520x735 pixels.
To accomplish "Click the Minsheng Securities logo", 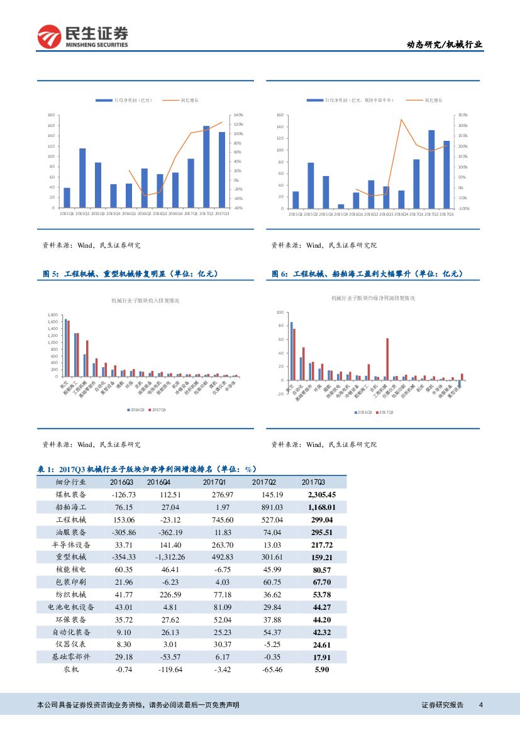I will pos(82,36).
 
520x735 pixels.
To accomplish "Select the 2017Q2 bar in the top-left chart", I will pos(206,167).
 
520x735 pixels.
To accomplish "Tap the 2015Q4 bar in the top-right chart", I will pos(341,206).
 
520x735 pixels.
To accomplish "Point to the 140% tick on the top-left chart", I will pos(238,115).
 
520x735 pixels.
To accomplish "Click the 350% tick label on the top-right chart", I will pos(463,115).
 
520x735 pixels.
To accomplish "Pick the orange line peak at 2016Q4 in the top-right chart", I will pos(401,119).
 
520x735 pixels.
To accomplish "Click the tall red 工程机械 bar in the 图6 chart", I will pos(387,358).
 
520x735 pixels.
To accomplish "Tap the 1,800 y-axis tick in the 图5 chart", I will pos(53,314).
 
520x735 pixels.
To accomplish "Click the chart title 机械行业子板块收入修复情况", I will pos(145,301).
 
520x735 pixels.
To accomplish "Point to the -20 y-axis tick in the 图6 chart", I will pos(280,394).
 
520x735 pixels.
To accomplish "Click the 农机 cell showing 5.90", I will pos(321,670).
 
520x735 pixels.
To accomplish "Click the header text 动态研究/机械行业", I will pos(445,45).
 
